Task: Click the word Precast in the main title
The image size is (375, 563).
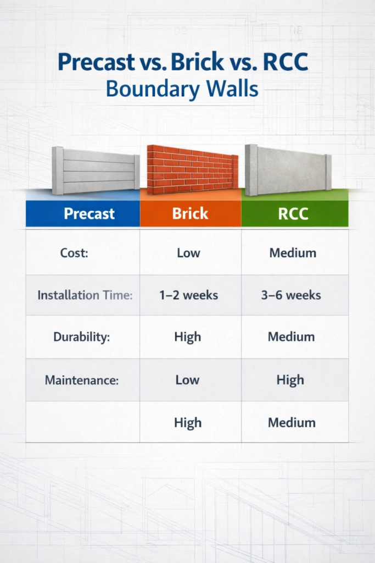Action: (x=97, y=62)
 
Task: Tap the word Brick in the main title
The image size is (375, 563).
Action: (x=198, y=62)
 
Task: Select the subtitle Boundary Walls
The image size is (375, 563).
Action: (x=182, y=89)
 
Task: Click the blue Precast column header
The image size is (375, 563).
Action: (x=83, y=213)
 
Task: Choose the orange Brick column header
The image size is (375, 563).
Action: (x=191, y=213)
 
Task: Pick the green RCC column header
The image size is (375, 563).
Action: (x=295, y=213)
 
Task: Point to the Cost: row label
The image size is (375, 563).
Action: (x=74, y=253)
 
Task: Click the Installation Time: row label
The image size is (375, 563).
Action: (x=85, y=295)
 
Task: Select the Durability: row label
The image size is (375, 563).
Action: (x=81, y=337)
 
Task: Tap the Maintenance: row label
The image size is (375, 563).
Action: (x=82, y=380)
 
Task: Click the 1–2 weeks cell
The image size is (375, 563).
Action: (x=188, y=295)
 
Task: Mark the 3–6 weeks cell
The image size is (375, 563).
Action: (x=291, y=295)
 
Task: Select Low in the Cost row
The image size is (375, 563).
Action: (x=188, y=253)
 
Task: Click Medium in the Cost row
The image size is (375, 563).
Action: (x=293, y=253)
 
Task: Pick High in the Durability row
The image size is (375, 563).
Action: (x=188, y=337)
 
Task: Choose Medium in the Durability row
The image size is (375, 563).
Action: (x=291, y=337)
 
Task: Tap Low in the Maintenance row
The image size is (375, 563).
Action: (x=187, y=380)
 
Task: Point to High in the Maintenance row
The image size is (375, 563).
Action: (x=290, y=380)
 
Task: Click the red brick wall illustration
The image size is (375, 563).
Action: (x=193, y=169)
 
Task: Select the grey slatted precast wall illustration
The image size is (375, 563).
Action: (x=96, y=170)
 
